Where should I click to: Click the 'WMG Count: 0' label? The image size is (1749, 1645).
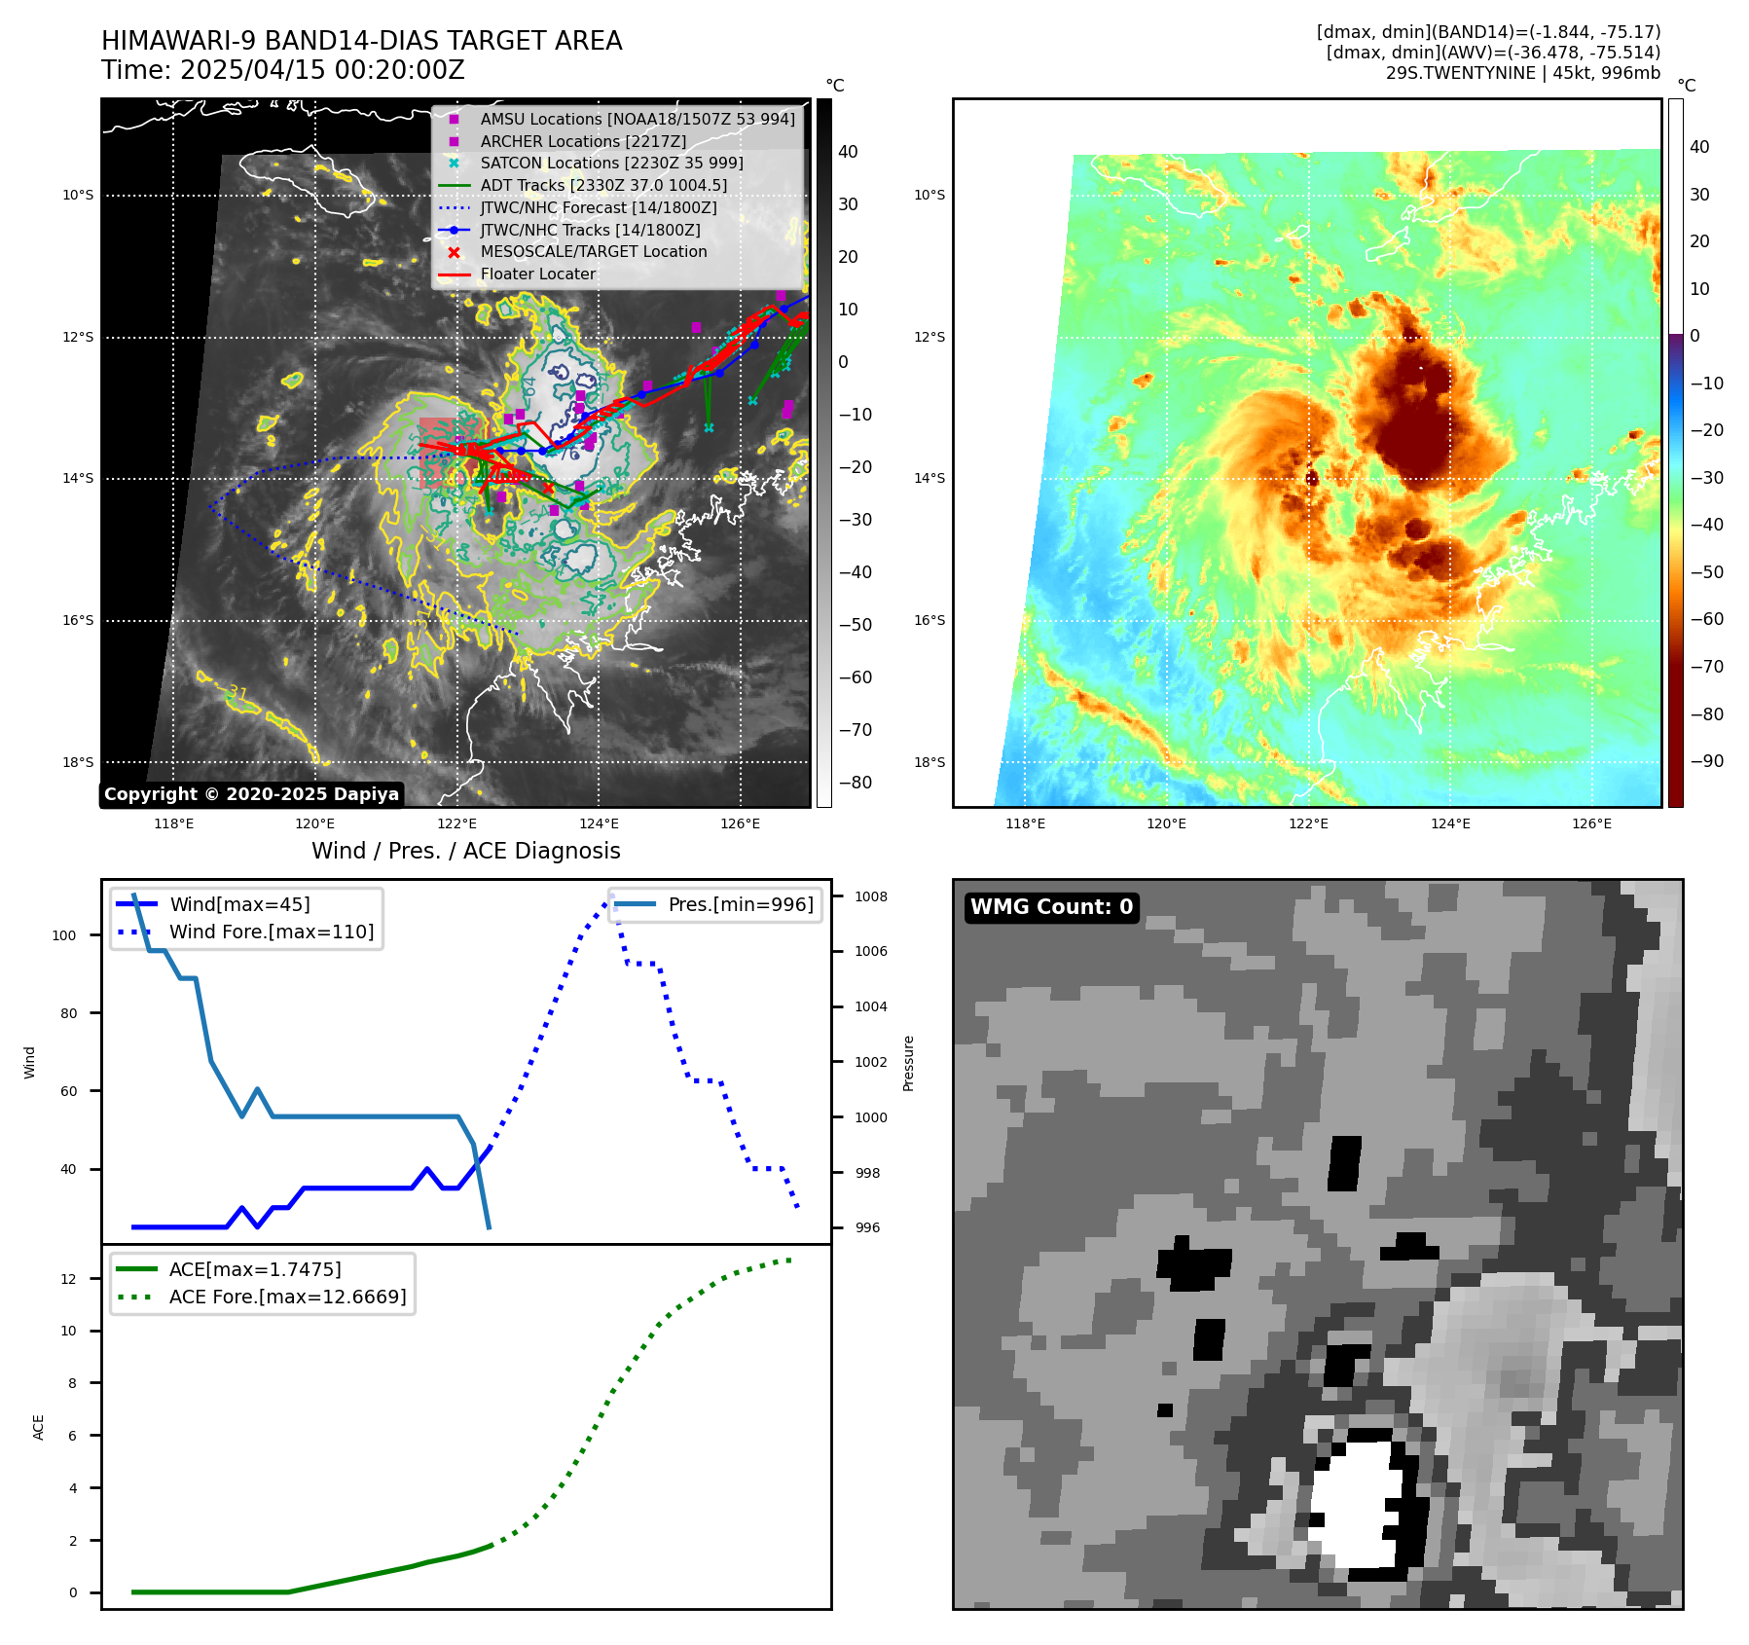coord(1051,907)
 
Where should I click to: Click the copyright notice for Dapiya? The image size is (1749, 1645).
coord(251,794)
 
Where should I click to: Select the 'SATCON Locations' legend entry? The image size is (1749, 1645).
coord(611,163)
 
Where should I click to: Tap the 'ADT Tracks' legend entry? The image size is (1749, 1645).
coord(603,185)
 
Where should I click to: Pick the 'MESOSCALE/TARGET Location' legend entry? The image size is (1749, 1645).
coord(594,251)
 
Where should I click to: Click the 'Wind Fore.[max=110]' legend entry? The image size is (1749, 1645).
coord(272,932)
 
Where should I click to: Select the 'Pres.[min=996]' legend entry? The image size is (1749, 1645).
coord(741,904)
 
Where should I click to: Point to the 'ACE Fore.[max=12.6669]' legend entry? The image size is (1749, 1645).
coord(287,1297)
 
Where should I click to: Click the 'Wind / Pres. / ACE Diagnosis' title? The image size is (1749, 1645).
coord(465,851)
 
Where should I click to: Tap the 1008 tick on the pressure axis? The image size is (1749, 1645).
coord(871,896)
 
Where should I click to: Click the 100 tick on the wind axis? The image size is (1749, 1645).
coord(64,935)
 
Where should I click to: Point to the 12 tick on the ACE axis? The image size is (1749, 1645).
coord(68,1279)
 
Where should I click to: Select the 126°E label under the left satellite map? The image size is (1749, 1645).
coord(740,824)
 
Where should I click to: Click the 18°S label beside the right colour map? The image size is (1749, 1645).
coord(929,762)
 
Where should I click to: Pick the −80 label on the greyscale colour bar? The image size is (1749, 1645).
coord(856,783)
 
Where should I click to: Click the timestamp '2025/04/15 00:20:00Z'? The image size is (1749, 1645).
coord(322,71)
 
